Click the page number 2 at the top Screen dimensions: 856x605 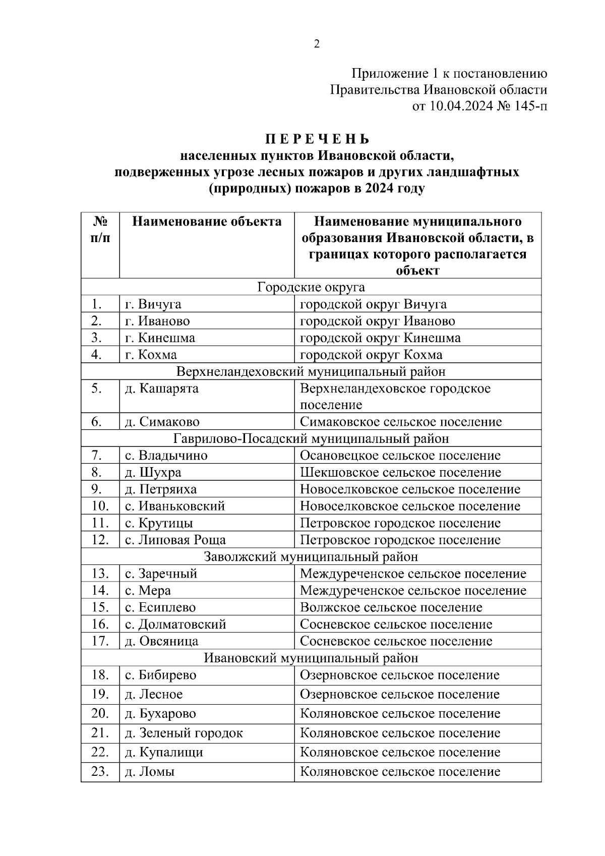coord(317,44)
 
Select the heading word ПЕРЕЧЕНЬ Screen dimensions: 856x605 coord(318,139)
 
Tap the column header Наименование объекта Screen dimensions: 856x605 coord(207,221)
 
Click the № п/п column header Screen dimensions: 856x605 coord(100,230)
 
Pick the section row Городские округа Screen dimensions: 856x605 coord(311,287)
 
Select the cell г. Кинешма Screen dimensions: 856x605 coord(160,337)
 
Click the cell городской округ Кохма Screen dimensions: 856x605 coord(371,355)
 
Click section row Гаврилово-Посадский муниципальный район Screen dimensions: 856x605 coord(311,438)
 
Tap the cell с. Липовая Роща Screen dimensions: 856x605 coord(175,540)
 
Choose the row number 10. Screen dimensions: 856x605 coord(100,506)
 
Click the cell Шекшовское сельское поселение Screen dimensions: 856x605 coord(400,473)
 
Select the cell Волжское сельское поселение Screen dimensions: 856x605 coord(391,607)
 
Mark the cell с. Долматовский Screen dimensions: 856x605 coord(175,624)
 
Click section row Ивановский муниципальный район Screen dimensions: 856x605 coord(311,658)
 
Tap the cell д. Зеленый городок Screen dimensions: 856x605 coord(184,733)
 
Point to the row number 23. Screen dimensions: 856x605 coord(100,771)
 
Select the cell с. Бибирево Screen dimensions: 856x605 coord(160,675)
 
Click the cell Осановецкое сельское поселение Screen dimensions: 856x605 coord(400,455)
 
